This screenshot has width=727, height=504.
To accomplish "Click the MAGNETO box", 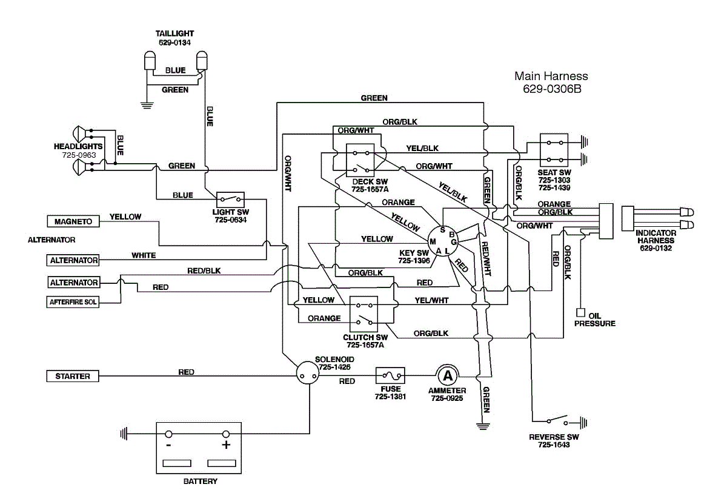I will click(x=73, y=222).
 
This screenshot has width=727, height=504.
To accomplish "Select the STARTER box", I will click(x=73, y=377).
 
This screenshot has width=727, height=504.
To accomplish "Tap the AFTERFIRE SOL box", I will click(x=73, y=301).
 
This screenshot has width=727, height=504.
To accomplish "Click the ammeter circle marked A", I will click(x=447, y=376).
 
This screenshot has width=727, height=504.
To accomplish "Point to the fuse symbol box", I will click(x=390, y=376).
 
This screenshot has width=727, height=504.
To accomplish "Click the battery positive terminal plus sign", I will click(x=226, y=445).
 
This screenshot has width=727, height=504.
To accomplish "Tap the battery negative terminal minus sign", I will click(x=168, y=445).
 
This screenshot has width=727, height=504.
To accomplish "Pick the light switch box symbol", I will click(x=231, y=199).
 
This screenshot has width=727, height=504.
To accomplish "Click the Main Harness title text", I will click(x=551, y=76).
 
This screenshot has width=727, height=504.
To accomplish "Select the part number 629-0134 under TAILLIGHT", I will click(x=174, y=42).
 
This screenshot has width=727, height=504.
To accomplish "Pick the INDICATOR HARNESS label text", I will click(x=656, y=237).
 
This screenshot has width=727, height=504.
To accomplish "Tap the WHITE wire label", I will click(x=144, y=255).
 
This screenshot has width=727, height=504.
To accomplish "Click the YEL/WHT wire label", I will click(x=432, y=300).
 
